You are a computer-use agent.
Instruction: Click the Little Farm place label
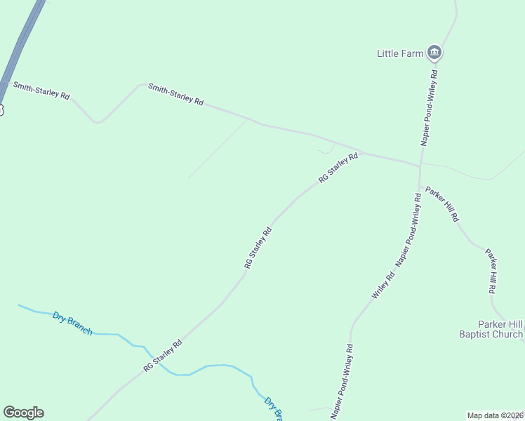pos(399,53)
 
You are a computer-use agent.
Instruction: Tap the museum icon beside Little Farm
pos(434,53)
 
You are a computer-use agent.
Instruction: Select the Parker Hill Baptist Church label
pos(491,329)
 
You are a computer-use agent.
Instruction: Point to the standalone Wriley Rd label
pos(383,286)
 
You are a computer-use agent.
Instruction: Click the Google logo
pos(23,413)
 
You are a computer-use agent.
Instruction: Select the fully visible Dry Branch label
pos(72,323)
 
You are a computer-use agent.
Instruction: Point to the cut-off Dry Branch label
pos(273,408)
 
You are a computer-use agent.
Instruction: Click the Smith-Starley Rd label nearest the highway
pos(41,91)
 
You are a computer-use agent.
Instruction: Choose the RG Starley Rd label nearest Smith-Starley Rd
pos(338,168)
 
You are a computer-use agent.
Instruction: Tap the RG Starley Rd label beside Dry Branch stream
pos(163,356)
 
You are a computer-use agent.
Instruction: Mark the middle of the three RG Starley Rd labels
pos(258,248)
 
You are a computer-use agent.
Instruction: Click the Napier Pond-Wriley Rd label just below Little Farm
pos(430,107)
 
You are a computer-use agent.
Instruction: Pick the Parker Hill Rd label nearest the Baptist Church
pos(492,271)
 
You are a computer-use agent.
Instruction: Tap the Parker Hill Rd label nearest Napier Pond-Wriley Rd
pos(442,204)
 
